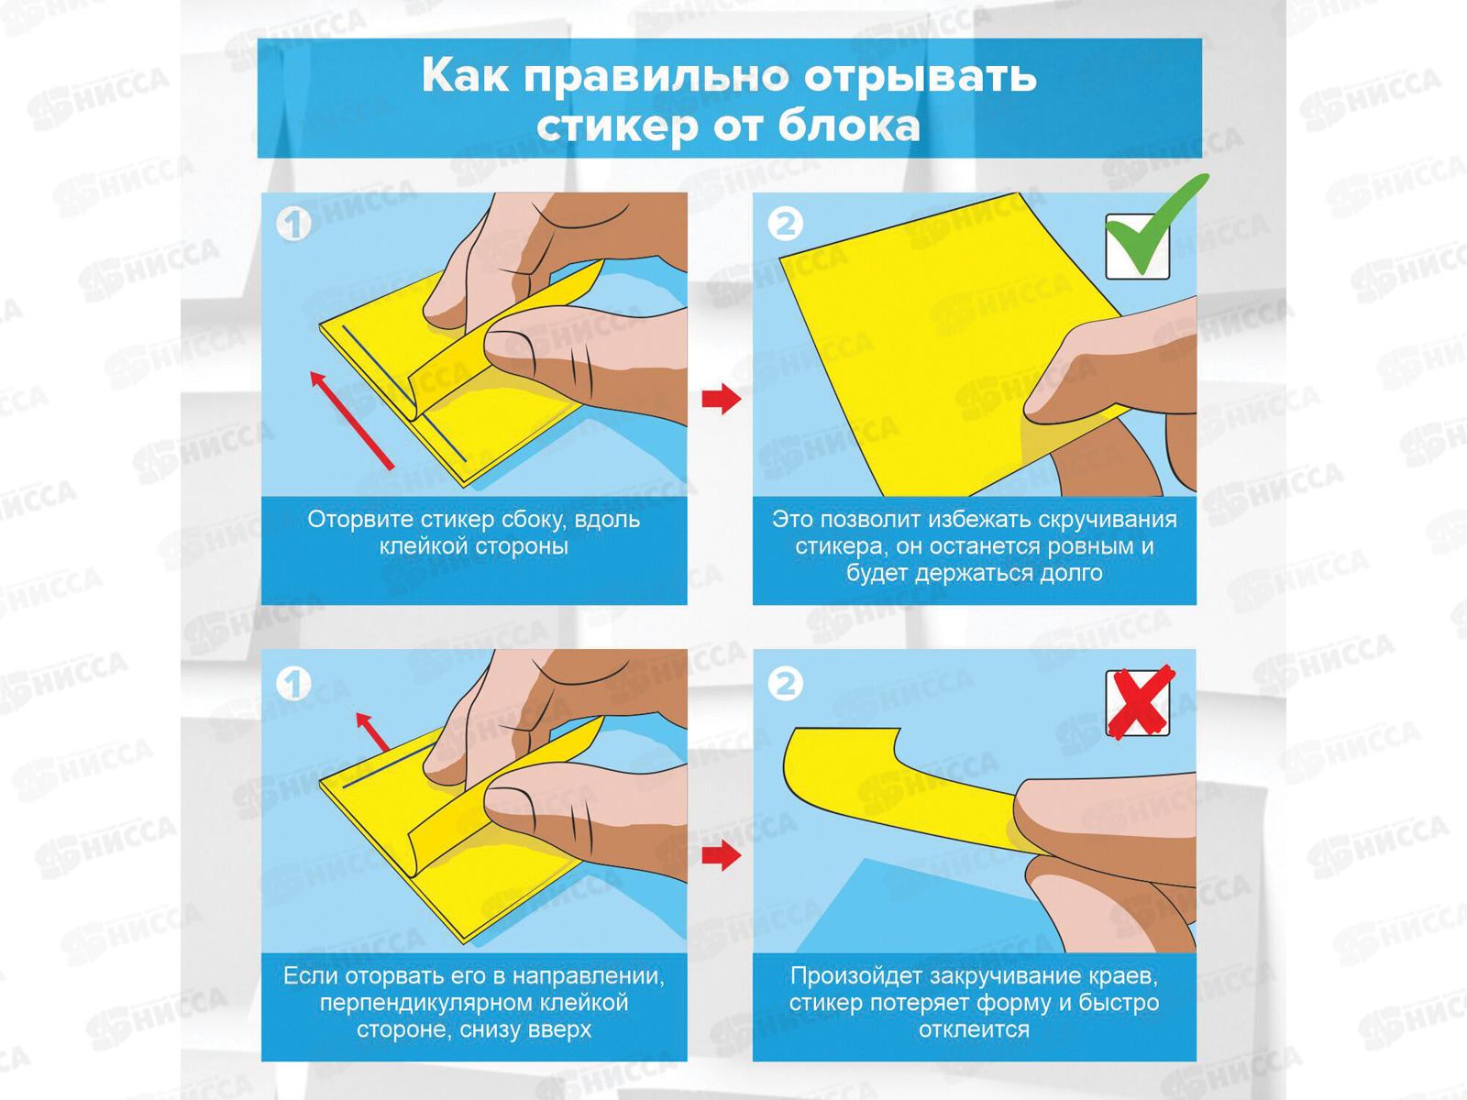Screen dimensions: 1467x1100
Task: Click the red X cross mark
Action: pos(1141,701)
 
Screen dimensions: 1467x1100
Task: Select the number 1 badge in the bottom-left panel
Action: pos(294,685)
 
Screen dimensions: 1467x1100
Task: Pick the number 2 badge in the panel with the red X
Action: pos(785,685)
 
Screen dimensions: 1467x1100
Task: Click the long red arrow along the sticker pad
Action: pos(352,421)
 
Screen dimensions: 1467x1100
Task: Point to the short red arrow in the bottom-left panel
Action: pos(372,732)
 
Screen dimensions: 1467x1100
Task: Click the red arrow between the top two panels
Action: pos(722,399)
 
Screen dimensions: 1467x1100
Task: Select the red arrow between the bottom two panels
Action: pos(722,855)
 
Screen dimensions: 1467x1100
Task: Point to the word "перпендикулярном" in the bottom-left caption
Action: pos(424,1003)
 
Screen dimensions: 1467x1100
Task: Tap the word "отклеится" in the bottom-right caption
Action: pos(974,1029)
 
